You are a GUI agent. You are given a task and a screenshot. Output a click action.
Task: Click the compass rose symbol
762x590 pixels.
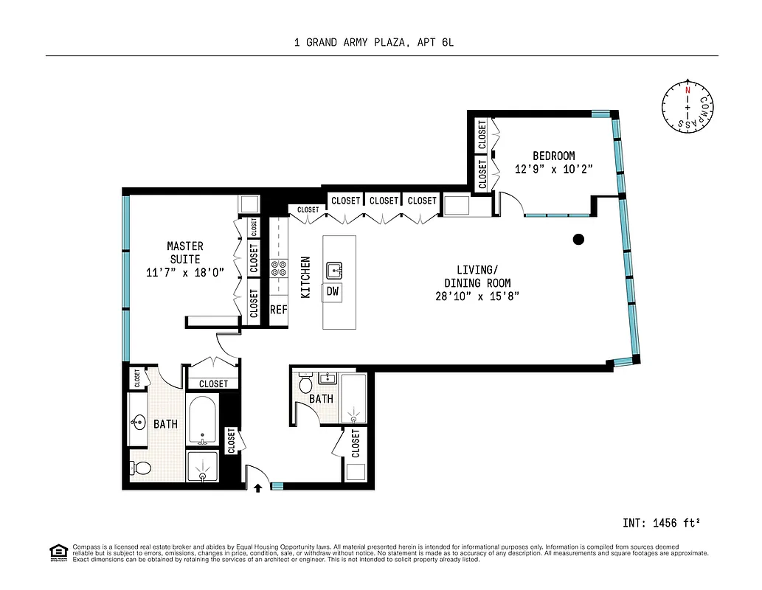[x=687, y=108]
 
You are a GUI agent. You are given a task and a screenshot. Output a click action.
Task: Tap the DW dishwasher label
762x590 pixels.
[x=333, y=291]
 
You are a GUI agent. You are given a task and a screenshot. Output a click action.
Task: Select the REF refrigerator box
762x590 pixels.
[x=278, y=310]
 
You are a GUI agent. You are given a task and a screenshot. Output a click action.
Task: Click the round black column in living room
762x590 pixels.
[x=579, y=239]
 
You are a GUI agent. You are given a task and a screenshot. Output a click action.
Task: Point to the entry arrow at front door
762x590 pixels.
[x=258, y=487]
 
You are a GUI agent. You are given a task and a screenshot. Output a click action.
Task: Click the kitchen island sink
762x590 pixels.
[x=334, y=269]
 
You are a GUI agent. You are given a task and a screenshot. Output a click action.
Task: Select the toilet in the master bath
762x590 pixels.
[x=140, y=468]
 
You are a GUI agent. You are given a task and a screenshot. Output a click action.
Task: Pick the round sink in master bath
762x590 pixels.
[x=138, y=423]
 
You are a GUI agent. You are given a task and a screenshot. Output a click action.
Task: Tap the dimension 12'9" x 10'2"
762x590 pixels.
[x=553, y=169]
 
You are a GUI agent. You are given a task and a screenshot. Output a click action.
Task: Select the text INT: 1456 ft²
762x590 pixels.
[x=660, y=523]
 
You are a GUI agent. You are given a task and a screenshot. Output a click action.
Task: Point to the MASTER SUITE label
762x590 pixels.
[x=185, y=252]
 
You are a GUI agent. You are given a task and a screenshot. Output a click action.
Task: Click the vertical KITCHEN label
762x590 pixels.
[x=305, y=277]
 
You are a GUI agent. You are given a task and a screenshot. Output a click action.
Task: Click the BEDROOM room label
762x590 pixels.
[x=553, y=156]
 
